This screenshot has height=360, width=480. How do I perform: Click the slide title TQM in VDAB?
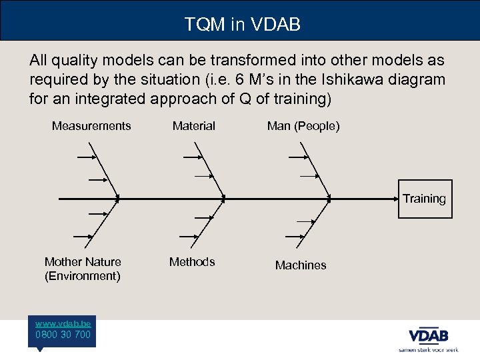pos(243,25)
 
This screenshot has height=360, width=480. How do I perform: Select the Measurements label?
pos(91,126)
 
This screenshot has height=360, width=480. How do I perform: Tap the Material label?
pos(194,126)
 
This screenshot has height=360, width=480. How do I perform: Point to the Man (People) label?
pos(303,126)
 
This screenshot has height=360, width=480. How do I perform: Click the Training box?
pos(425,199)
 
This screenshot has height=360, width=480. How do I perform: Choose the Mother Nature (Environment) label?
pos(83,269)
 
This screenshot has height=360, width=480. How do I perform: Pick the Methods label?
pos(192,262)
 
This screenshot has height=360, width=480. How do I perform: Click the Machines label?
pos(301,265)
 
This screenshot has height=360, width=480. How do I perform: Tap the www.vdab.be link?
pos(65,323)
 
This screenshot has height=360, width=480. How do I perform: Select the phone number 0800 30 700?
pos(65,335)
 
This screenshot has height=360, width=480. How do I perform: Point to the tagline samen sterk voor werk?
pos(428,349)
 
